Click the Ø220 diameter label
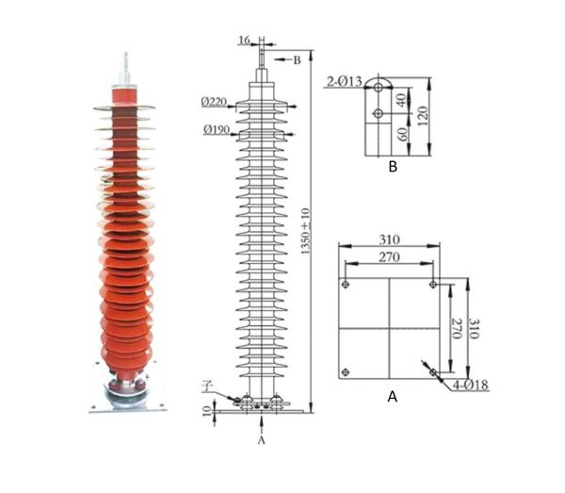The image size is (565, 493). click(213, 102)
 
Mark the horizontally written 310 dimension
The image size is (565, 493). click(389, 240)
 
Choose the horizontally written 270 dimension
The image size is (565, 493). click(389, 256)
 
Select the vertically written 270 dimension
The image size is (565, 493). click(456, 328)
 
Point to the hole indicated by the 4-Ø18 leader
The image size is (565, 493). click(433, 372)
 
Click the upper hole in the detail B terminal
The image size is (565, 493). click(378, 87)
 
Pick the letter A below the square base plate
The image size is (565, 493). click(393, 397)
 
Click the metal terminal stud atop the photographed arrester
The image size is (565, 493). click(123, 68)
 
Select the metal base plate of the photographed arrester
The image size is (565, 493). click(123, 404)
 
